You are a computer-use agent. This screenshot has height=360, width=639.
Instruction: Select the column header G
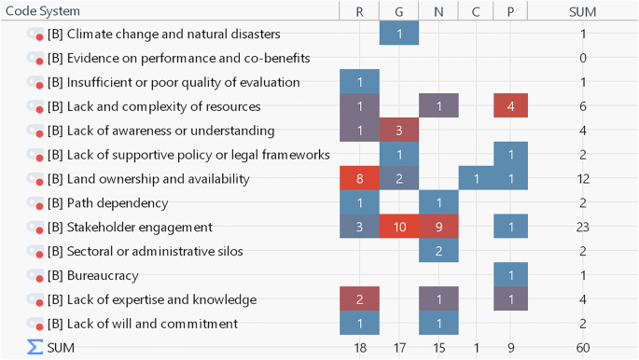398,10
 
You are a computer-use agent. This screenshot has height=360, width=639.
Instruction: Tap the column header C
476,10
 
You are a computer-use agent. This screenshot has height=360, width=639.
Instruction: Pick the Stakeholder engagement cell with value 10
398,227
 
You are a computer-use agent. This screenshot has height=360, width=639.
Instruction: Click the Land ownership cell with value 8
359,178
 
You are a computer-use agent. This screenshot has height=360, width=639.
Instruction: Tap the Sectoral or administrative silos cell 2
438,251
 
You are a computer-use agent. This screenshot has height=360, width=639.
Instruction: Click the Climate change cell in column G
398,34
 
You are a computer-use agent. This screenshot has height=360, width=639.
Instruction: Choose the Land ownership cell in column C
476,178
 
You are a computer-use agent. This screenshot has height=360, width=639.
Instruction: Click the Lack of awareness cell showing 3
398,131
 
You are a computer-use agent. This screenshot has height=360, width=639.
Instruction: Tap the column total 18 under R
359,348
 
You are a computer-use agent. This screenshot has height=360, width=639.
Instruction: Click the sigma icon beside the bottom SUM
35,347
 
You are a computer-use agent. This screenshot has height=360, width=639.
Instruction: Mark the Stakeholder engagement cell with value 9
438,227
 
